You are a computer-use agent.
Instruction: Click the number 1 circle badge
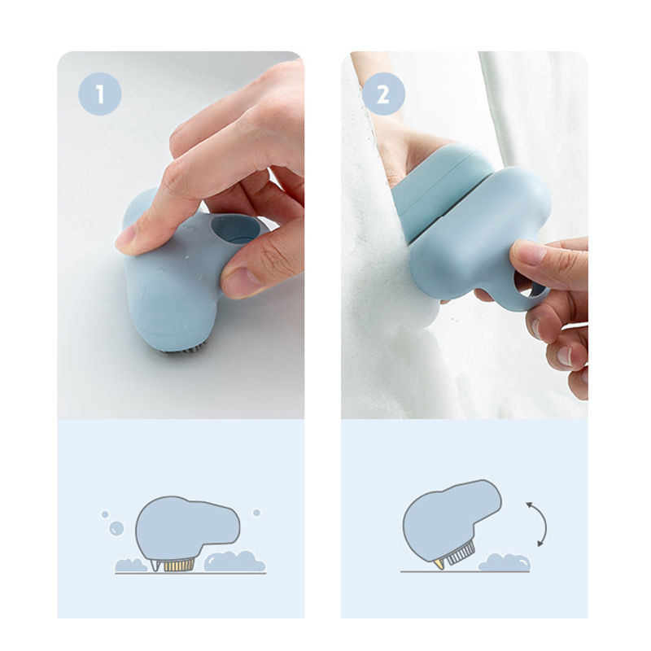99,94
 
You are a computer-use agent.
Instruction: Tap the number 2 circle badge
383,94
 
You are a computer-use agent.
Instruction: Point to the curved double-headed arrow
544,524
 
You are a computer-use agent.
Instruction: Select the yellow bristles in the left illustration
179,565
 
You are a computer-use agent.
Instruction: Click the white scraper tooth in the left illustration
156,566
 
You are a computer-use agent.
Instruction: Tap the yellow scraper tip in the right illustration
437,563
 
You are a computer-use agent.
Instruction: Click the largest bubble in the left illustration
116,528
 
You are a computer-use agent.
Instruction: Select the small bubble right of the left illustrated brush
256,513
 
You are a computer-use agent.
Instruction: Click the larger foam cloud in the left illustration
234,561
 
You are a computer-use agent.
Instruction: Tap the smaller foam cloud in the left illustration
130,565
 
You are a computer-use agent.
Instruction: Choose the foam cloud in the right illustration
505,562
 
